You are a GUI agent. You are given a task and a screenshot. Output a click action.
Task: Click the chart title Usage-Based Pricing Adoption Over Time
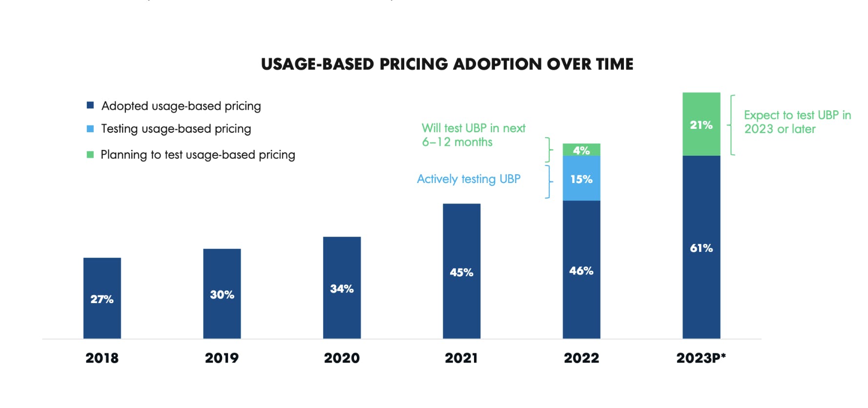(447, 64)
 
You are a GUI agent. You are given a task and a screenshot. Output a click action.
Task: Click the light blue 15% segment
(581, 179)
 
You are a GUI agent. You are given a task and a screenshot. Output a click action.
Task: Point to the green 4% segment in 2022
(581, 150)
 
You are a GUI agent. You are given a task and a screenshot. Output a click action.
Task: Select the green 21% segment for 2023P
(701, 124)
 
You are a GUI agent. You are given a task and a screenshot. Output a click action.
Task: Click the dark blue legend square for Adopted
(90, 105)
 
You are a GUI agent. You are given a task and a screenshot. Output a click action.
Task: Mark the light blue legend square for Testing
(90, 129)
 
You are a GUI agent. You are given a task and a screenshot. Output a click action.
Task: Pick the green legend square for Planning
(90, 155)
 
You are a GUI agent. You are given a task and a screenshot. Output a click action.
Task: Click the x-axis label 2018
(102, 358)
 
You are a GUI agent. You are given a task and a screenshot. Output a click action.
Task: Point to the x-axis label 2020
(342, 358)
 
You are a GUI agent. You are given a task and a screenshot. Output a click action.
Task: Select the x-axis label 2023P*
(701, 358)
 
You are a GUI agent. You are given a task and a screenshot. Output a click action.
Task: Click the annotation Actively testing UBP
(469, 179)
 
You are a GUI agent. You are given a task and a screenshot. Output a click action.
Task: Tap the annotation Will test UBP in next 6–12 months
(473, 135)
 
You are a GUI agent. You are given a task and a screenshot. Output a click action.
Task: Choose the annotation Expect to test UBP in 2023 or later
(797, 122)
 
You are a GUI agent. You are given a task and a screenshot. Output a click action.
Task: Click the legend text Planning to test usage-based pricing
(198, 155)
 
